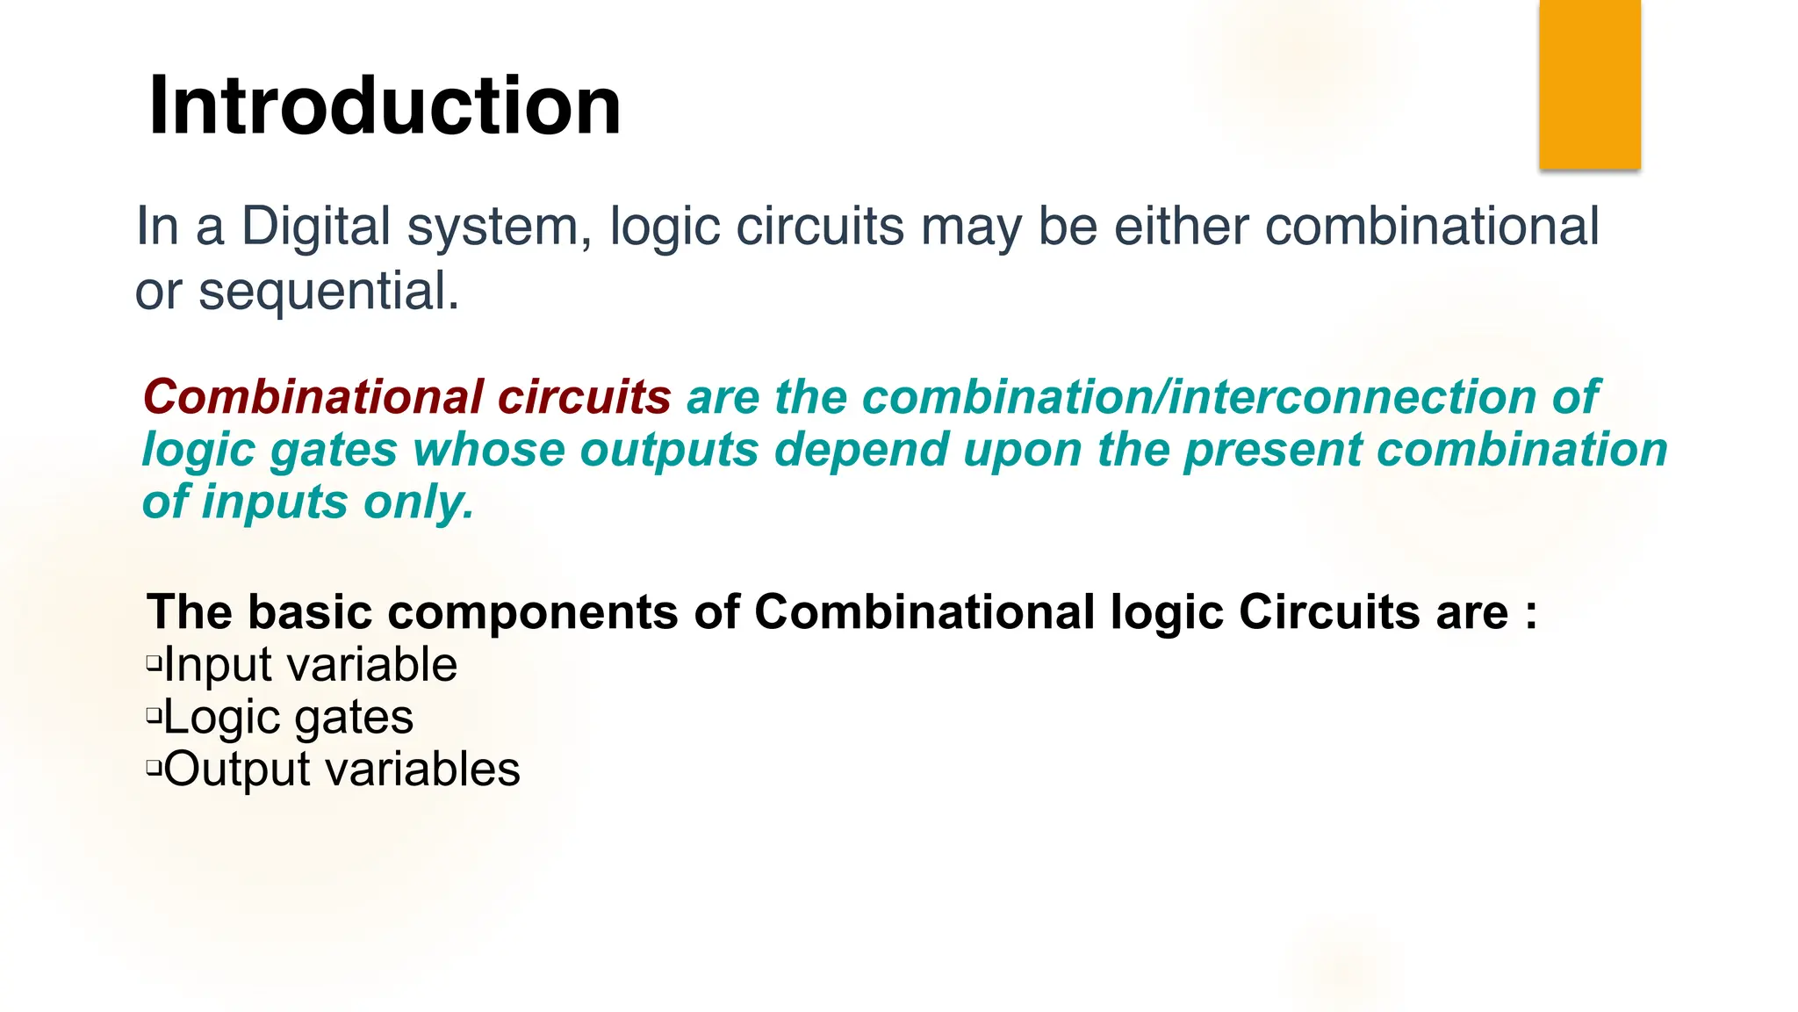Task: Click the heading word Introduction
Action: click(385, 105)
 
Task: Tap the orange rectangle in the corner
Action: click(1589, 83)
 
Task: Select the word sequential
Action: click(328, 292)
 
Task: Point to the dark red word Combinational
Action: click(313, 397)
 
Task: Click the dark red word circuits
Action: click(584, 397)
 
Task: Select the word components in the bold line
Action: click(533, 611)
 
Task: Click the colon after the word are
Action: click(1531, 613)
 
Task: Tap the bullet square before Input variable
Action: click(155, 661)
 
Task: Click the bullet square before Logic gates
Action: click(155, 715)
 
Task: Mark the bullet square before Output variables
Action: click(155, 768)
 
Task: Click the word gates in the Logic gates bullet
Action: click(353, 719)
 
